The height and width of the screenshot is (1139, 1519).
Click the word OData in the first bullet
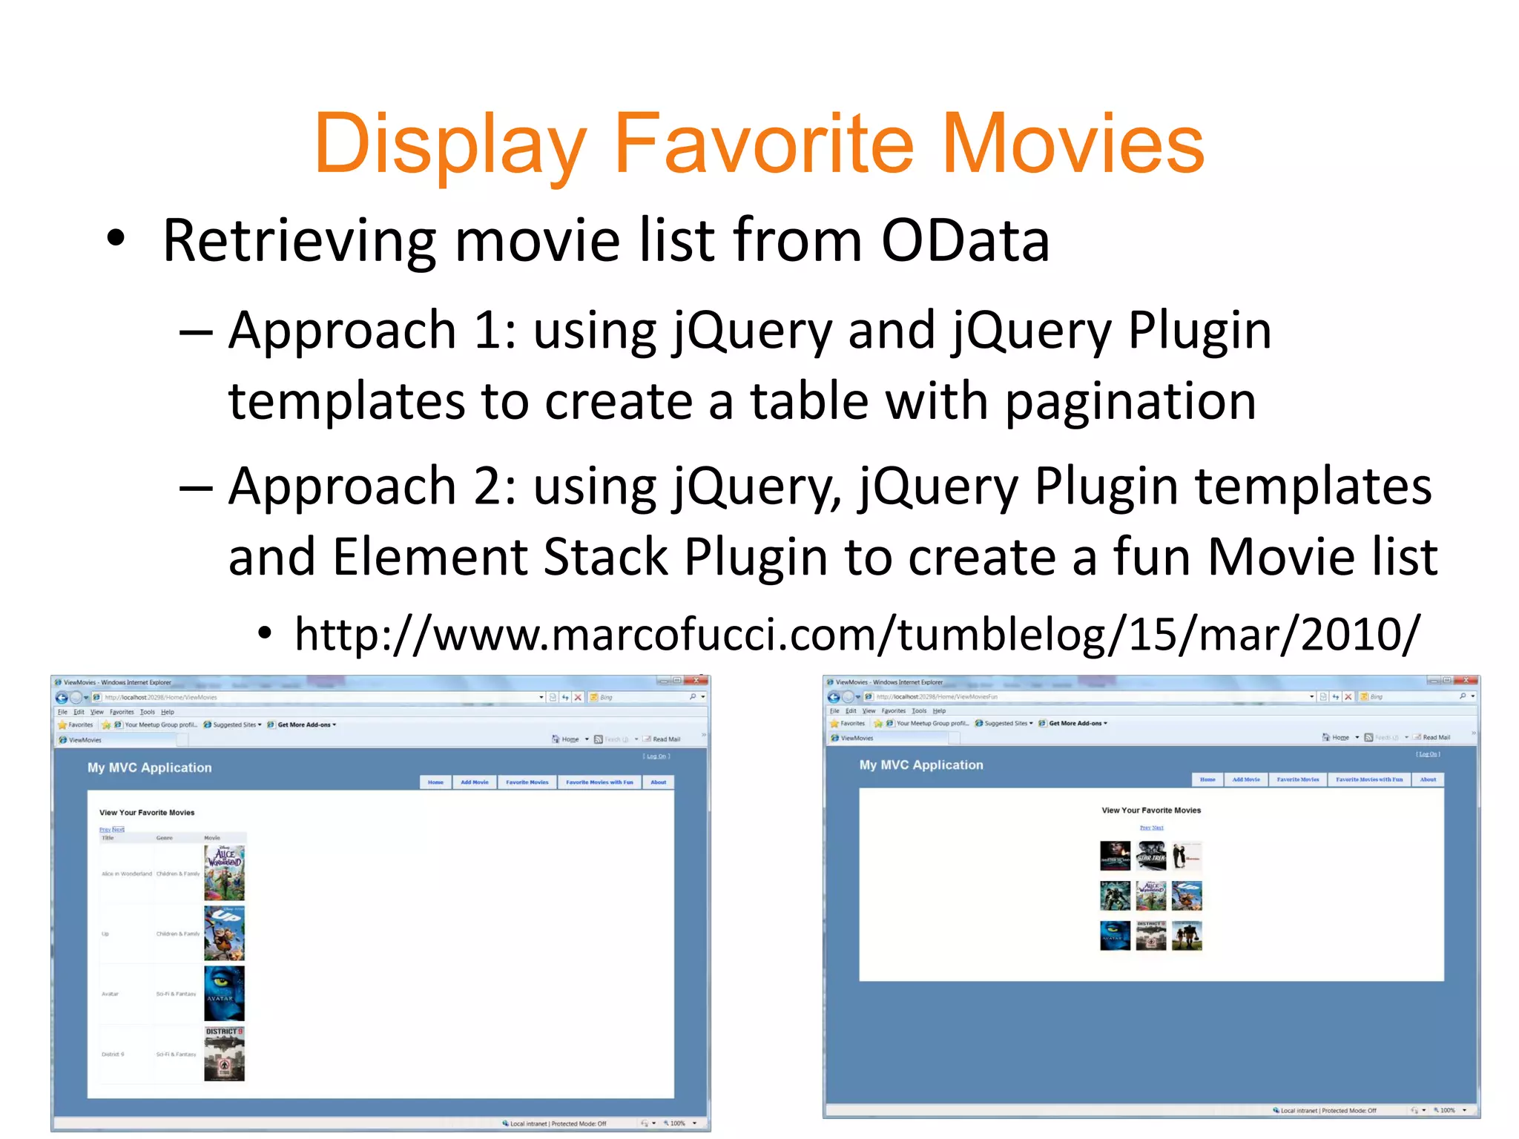[965, 240]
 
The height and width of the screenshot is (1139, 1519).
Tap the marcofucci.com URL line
[857, 635]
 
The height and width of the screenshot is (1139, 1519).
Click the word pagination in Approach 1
[1130, 401]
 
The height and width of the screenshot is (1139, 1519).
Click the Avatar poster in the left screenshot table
[224, 993]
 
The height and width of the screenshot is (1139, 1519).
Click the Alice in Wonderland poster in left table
[224, 873]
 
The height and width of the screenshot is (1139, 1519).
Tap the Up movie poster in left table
[224, 933]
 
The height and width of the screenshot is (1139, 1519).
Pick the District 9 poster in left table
[224, 1053]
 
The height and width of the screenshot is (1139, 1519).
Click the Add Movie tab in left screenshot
[475, 782]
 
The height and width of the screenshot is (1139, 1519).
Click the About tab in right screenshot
[1428, 779]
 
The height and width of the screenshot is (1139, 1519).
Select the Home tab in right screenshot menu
[1207, 779]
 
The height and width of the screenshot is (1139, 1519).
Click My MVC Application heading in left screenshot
[150, 767]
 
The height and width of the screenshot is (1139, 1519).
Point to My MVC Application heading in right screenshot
[921, 765]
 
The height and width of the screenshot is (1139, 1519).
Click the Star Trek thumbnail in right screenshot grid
[1151, 856]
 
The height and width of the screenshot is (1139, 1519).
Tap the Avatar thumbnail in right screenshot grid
[1115, 935]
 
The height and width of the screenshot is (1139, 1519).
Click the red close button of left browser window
[696, 681]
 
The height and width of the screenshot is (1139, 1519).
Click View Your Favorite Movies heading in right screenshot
[1151, 810]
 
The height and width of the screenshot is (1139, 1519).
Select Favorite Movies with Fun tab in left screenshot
[599, 782]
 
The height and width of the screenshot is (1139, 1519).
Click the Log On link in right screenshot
[1428, 754]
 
